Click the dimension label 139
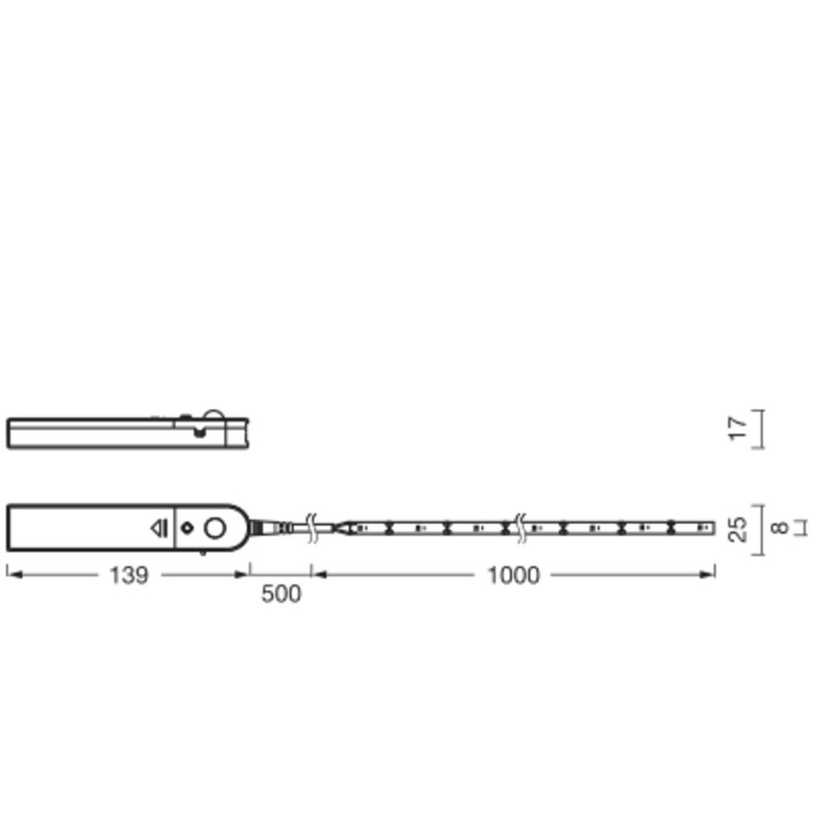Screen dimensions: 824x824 pos(129,575)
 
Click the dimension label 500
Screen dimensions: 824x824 pos(281,594)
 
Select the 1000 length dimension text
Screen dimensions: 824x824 pos(513,575)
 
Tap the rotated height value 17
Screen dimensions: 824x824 pos(737,428)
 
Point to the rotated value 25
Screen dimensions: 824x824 pos(737,529)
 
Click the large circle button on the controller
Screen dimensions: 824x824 pos(214,528)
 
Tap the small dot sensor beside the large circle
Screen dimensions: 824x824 pos(187,527)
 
